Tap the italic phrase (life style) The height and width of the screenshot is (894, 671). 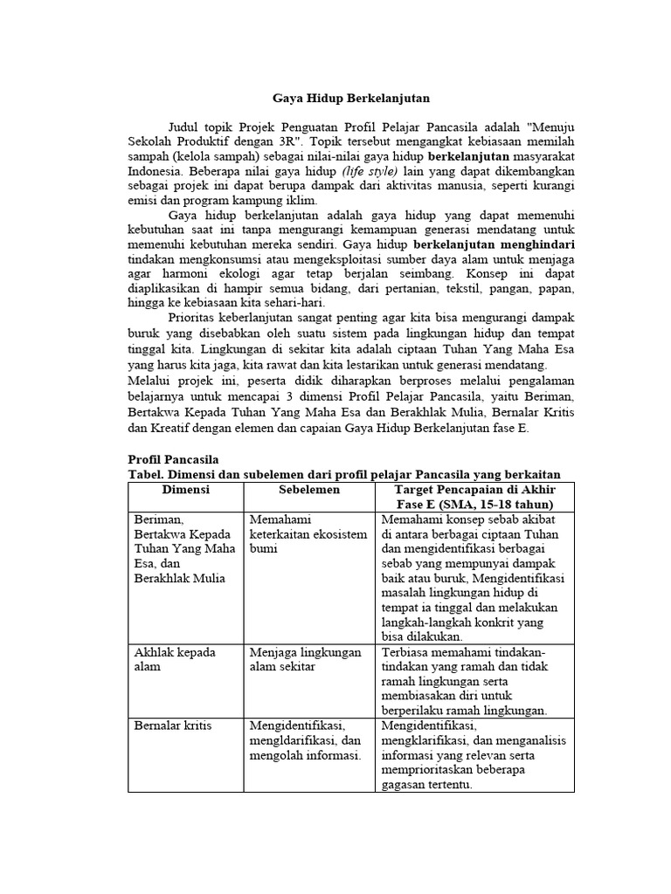[370, 171]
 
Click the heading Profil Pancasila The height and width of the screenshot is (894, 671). [173, 459]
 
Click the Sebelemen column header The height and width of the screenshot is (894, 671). [309, 491]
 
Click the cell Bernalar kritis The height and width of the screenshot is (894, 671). [174, 726]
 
